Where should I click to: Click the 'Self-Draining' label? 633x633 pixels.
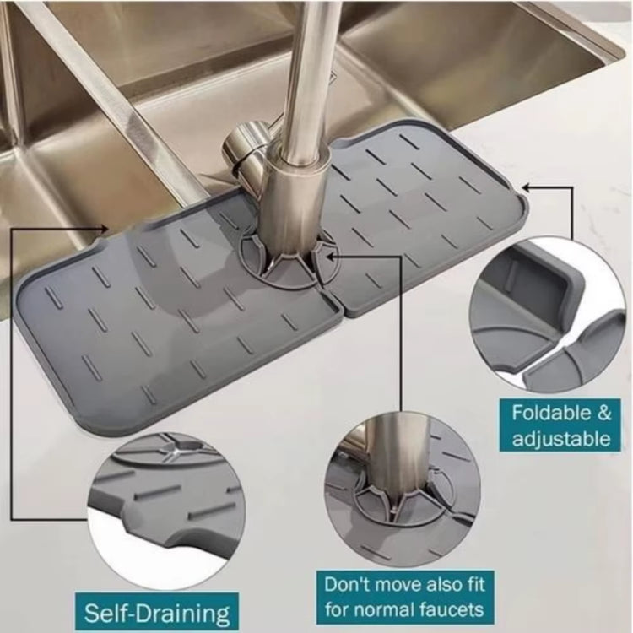point(156,610)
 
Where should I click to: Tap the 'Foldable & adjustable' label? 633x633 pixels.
point(560,425)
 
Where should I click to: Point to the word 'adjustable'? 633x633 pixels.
point(560,439)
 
